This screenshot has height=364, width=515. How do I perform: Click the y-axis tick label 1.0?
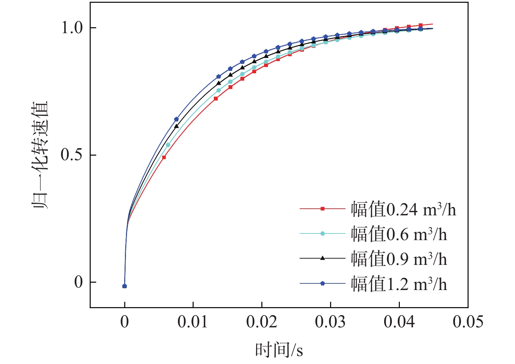click(72, 28)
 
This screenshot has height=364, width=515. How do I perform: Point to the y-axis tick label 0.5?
click(72, 155)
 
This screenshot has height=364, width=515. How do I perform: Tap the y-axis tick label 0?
click(79, 282)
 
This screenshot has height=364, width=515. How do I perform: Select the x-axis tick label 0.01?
click(193, 322)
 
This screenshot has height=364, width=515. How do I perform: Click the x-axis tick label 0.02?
click(261, 322)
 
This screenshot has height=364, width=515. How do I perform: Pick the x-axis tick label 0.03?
click(330, 322)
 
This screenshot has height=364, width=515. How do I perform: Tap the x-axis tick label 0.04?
click(399, 322)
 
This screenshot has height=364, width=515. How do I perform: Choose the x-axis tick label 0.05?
click(468, 322)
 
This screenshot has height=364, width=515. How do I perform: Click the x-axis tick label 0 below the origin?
click(125, 322)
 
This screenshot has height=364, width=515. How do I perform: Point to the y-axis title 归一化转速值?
click(41, 155)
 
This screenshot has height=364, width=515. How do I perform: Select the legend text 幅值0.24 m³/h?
click(403, 209)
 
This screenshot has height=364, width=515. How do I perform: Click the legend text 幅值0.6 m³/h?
click(399, 234)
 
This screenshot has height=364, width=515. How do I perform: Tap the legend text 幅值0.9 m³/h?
click(399, 259)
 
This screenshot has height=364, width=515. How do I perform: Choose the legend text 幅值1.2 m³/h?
click(399, 284)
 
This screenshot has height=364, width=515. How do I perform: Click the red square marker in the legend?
click(323, 209)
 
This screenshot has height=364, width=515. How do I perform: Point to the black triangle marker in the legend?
click(323, 258)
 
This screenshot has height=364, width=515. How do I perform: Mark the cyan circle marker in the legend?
click(323, 233)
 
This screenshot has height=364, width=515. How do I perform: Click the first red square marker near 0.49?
click(164, 157)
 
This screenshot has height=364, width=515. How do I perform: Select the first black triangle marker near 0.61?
click(177, 126)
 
